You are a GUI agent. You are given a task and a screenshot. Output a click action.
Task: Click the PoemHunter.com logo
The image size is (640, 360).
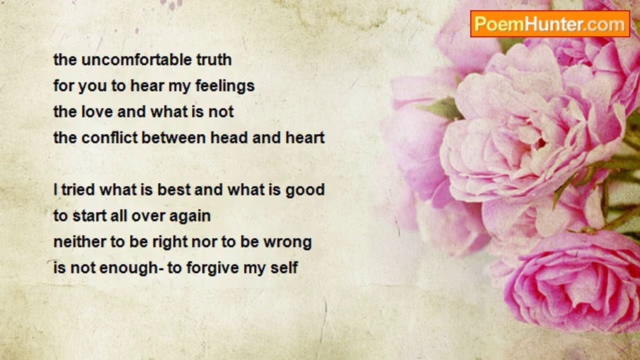point(550,24)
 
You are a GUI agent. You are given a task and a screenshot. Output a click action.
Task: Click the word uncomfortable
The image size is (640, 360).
point(136,59)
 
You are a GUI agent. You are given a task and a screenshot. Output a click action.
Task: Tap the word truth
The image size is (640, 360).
point(214,59)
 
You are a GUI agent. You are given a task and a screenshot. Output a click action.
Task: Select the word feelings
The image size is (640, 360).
point(225,86)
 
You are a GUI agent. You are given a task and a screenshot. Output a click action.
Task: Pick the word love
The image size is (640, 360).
point(97,111)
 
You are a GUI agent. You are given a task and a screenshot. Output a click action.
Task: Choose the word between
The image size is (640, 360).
point(173,137)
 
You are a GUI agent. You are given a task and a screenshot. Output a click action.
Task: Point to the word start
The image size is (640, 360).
point(89,216)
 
